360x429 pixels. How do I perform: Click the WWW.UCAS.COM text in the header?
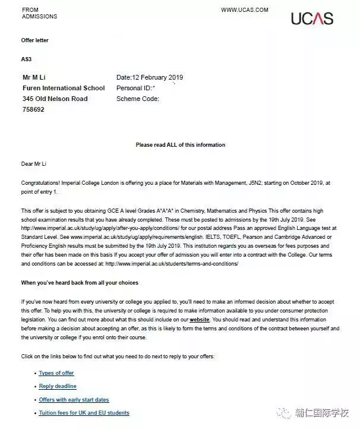[245, 10]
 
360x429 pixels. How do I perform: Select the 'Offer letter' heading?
[34, 40]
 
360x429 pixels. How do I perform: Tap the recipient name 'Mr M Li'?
[36, 77]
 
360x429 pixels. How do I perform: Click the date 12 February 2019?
[150, 77]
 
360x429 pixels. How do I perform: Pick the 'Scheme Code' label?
[138, 99]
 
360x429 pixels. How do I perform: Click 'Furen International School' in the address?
[64, 88]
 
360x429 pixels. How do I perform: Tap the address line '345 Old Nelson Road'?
[55, 99]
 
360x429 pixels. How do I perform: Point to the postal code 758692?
[33, 109]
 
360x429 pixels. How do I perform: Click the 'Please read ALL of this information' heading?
[181, 145]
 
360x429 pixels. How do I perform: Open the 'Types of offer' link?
[56, 373]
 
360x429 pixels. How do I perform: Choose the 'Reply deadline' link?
[58, 386]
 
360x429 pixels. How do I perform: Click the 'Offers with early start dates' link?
[74, 400]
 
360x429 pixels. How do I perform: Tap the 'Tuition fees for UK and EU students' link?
[84, 413]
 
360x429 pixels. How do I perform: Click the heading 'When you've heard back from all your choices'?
[80, 282]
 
